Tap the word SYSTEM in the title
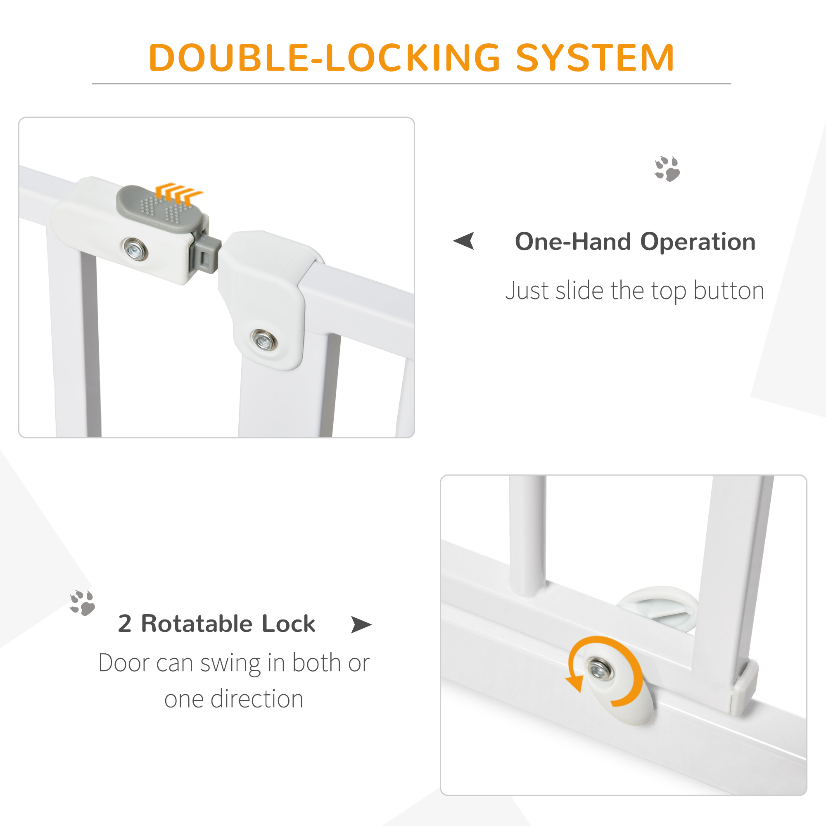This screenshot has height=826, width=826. click(x=595, y=58)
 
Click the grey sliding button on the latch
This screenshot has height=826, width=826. click(x=159, y=209)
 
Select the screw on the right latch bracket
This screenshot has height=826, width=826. click(x=264, y=340)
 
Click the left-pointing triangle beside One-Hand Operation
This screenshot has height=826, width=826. click(x=465, y=241)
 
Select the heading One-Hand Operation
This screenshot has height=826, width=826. click(x=635, y=242)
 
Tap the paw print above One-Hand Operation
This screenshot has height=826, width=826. click(x=667, y=169)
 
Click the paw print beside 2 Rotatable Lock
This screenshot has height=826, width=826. click(x=82, y=603)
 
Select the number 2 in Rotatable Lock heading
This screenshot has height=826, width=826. click(x=124, y=623)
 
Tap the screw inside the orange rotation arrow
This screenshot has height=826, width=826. click(x=599, y=668)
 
